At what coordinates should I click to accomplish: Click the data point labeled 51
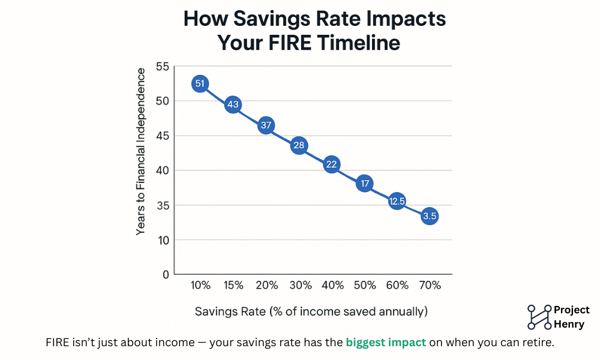200,84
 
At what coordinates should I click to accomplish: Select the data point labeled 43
233,105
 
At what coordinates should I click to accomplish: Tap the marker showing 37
266,126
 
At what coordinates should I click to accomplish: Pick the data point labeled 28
299,145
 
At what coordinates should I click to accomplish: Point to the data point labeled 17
364,184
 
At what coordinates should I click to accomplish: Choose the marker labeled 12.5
397,202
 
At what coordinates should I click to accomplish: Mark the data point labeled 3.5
429,216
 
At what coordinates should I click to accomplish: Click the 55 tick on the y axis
163,67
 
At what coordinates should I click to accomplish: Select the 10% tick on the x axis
200,286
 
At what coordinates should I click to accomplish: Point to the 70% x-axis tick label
429,286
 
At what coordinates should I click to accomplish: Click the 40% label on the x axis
332,286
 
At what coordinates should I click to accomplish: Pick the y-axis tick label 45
163,136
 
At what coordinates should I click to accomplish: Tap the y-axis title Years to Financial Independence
140,151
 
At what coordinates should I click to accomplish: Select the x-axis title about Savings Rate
311,311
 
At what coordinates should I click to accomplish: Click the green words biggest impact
386,343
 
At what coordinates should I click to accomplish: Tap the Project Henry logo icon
539,317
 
